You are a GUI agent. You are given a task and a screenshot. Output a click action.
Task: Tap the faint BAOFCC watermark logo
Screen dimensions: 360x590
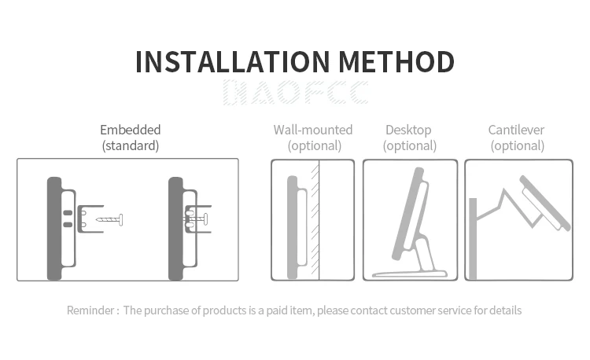point(295,93)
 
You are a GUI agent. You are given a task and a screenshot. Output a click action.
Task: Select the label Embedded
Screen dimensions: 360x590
point(131,130)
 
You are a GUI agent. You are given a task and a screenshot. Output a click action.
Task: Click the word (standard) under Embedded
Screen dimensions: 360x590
point(131,145)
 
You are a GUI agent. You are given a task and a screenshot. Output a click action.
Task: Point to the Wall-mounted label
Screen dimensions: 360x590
point(313,130)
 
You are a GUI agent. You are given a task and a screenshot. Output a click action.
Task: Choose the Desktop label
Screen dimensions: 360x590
point(408,130)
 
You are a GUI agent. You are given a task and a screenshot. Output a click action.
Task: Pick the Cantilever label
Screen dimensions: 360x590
point(516,130)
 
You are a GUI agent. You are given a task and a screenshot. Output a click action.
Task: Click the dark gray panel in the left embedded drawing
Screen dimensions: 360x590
point(54,228)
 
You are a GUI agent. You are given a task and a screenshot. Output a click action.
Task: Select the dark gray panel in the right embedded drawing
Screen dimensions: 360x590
point(175,228)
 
